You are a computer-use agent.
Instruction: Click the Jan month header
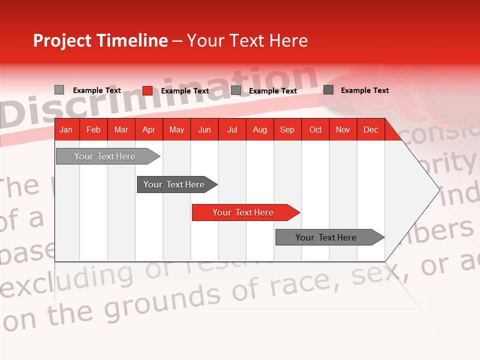(x=66, y=129)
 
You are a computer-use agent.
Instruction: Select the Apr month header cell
(x=148, y=129)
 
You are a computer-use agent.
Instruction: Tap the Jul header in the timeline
(x=232, y=129)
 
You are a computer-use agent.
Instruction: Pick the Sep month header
(x=287, y=129)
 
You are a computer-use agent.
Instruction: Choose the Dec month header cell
(x=370, y=129)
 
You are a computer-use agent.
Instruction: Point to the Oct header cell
(x=315, y=129)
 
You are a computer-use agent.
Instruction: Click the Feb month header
(x=93, y=129)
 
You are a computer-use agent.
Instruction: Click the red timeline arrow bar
(x=245, y=212)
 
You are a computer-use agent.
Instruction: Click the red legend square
(x=147, y=90)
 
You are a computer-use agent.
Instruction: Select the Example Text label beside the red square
(x=185, y=91)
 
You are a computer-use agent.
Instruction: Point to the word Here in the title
(x=288, y=40)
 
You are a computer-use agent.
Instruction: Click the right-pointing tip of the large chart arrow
(x=439, y=189)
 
